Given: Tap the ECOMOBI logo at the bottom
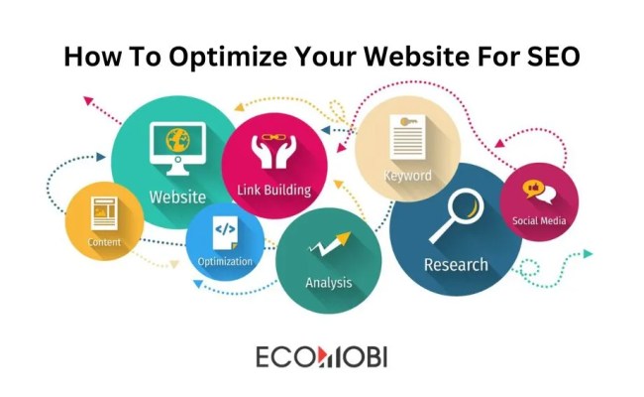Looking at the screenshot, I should (x=319, y=355).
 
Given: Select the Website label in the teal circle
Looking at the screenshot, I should (x=177, y=197).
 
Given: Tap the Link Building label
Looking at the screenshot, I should (x=274, y=190).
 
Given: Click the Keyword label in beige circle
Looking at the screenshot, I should (x=407, y=176).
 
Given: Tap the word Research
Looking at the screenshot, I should (x=456, y=265).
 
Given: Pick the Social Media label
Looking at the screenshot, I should (x=539, y=220).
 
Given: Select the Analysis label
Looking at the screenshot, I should (x=328, y=283).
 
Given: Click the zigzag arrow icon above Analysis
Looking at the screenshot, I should (x=330, y=242).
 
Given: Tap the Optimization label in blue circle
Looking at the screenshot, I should (x=225, y=262).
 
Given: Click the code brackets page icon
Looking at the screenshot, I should (x=225, y=231).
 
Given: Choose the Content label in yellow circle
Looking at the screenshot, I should (x=104, y=242).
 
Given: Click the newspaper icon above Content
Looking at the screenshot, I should (x=104, y=211).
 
